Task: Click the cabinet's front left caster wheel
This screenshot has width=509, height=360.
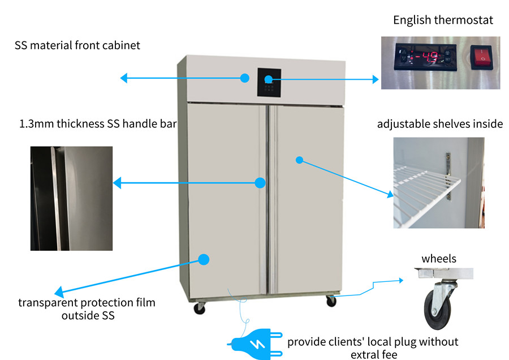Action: click(199, 308)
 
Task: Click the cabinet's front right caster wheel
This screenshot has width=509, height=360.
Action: click(331, 302)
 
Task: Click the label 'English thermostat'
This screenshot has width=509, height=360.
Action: click(443, 20)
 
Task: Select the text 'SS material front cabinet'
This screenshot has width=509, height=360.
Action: click(77, 45)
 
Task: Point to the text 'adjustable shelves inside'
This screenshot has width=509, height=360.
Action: click(439, 124)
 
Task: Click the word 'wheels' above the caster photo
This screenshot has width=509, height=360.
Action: click(438, 259)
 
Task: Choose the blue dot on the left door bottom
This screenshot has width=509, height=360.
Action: click(204, 260)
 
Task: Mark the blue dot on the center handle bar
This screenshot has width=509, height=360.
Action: click(260, 183)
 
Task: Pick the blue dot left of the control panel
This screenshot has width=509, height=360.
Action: click(244, 78)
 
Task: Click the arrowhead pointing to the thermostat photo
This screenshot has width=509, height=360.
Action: click(375, 80)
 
